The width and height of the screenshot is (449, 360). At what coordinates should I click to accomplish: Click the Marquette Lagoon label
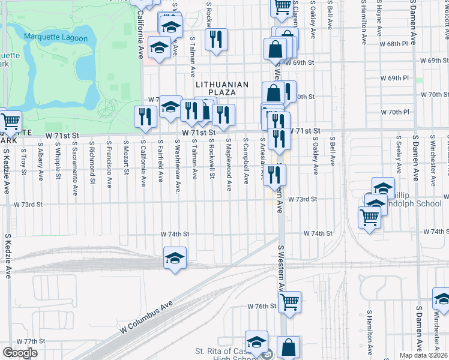(x=56, y=38)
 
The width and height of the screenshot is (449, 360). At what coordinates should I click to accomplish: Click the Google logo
(x=20, y=353)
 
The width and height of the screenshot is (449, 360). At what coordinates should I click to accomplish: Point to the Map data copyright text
(x=424, y=355)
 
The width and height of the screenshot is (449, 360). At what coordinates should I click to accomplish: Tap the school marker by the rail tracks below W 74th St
(x=175, y=258)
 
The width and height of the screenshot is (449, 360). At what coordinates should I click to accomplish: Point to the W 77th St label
(x=23, y=341)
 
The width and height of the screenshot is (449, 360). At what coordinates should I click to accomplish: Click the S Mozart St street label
(x=127, y=158)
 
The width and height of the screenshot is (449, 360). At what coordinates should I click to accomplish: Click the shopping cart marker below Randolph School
(x=369, y=218)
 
